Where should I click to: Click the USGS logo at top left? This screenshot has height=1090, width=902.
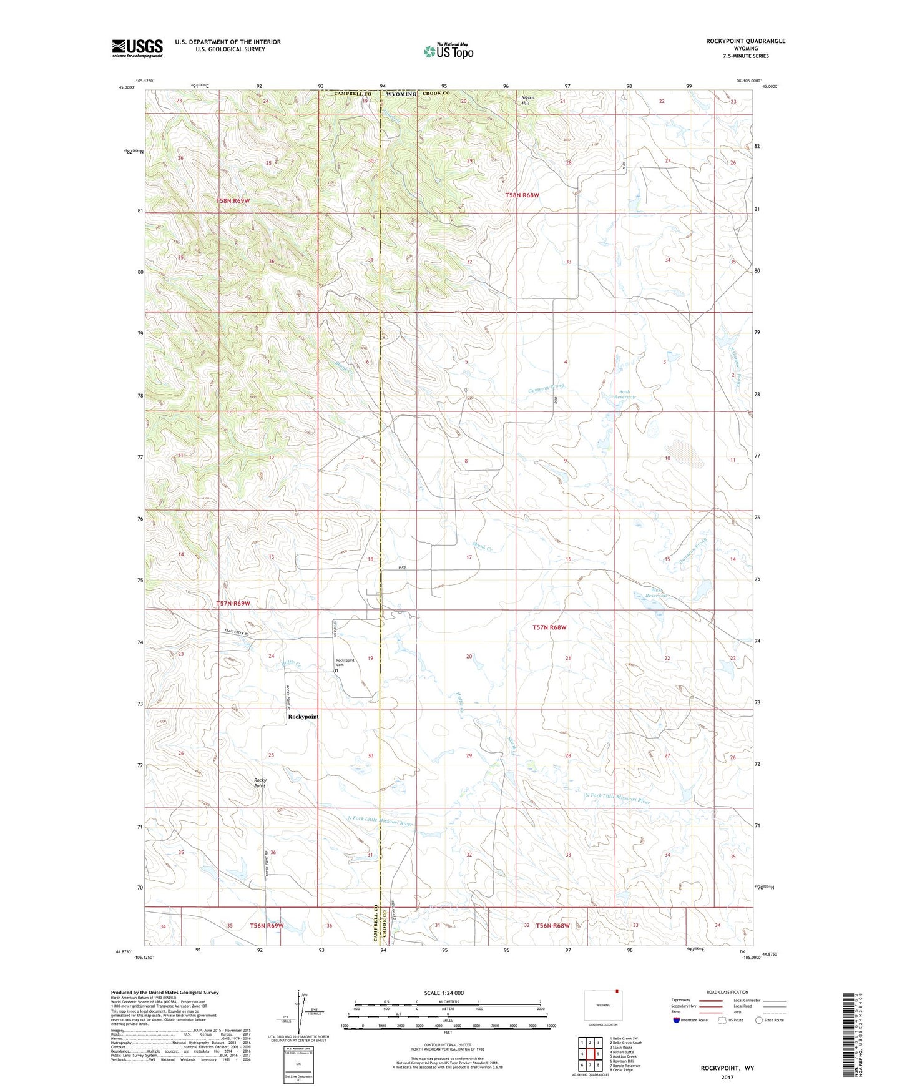[x=137, y=48]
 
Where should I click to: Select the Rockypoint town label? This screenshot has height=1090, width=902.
[x=303, y=717]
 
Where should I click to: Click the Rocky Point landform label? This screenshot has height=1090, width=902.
[x=260, y=783]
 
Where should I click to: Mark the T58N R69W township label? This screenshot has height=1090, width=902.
[x=233, y=200]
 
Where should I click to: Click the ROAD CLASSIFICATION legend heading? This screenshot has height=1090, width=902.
[x=727, y=992]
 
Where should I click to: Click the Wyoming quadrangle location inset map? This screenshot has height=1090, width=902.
[x=602, y=1006]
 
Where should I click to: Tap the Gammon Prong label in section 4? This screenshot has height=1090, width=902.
[x=546, y=388]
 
